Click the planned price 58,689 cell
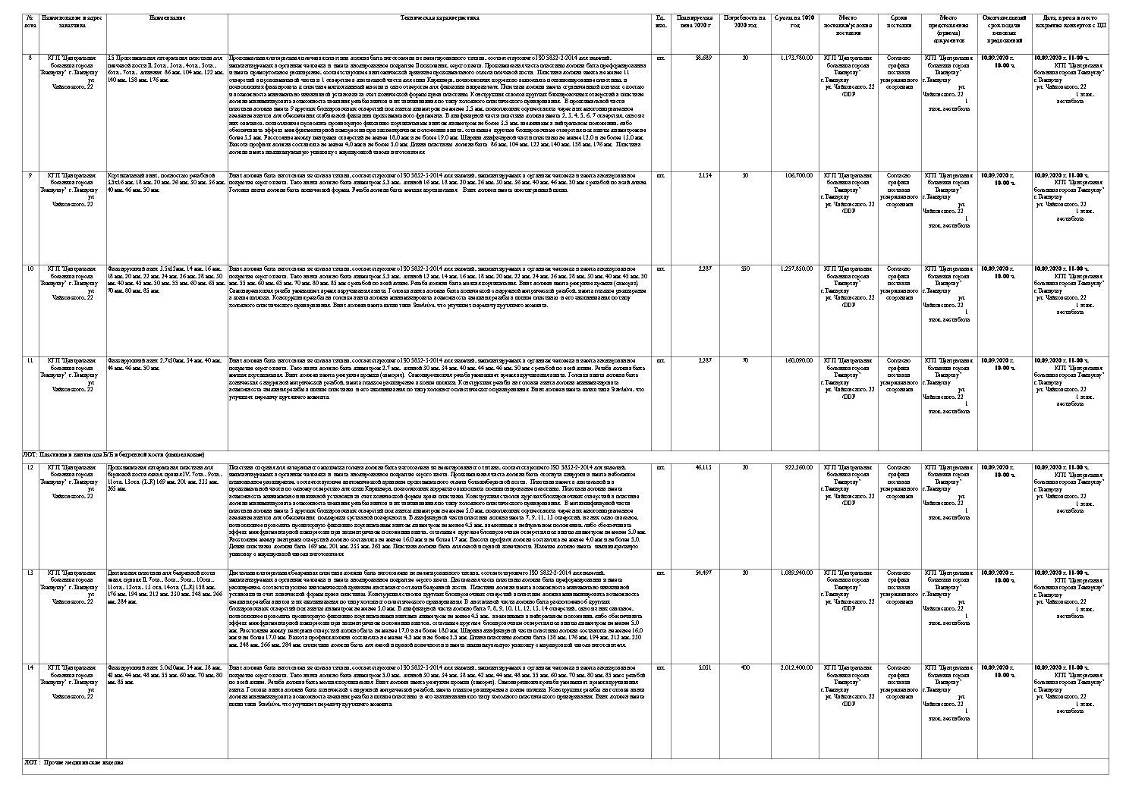click(703, 58)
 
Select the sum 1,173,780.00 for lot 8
click(796, 58)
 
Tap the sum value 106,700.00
click(798, 175)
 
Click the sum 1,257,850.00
click(796, 268)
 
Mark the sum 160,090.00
click(798, 359)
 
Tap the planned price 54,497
click(703, 572)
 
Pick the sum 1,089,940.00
click(796, 572)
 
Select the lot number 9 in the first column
click(30, 175)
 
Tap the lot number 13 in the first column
click(30, 572)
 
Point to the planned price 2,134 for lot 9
click(704, 175)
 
